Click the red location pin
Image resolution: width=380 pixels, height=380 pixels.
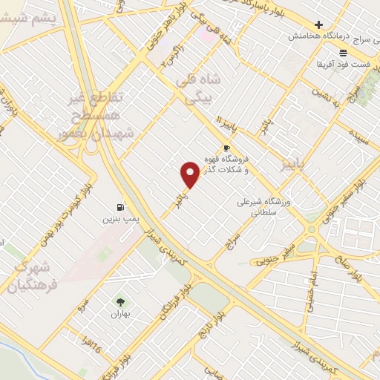[x=190, y=174]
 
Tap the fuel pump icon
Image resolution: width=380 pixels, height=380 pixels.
[x=119, y=207]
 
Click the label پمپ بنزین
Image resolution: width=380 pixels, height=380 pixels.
[x=119, y=220]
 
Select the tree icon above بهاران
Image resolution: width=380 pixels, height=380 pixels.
[x=119, y=301]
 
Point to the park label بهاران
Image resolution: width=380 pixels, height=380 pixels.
[x=119, y=315]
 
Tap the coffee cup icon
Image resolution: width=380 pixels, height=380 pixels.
[x=227, y=148]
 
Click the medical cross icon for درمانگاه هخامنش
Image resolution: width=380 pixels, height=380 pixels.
[x=319, y=24]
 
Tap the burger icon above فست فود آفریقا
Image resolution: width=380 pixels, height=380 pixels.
[x=342, y=53]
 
